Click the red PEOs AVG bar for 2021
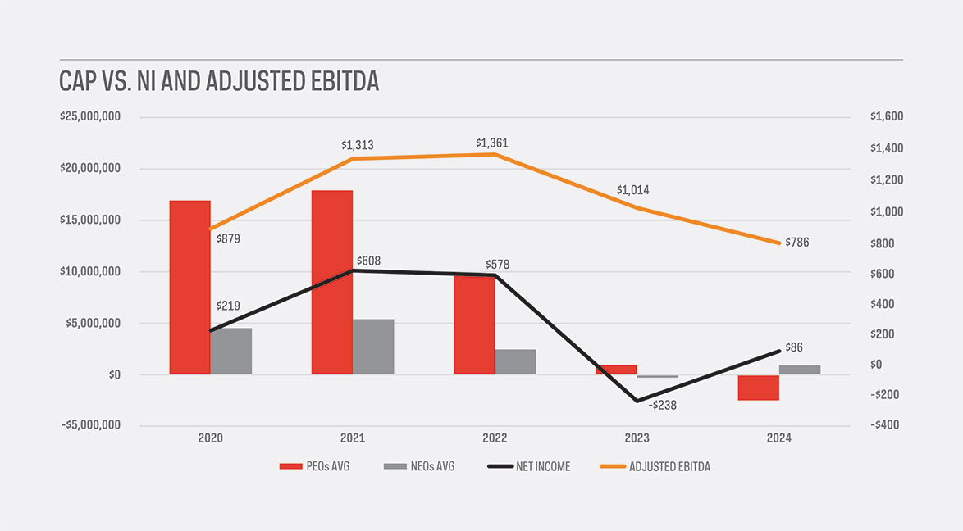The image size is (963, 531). pos(331,282)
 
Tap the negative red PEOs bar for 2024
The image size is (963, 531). pos(758,388)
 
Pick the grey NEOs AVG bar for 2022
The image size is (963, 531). pos(515,361)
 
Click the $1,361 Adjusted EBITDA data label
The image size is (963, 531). pos(492,143)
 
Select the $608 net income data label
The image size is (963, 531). pos(368,261)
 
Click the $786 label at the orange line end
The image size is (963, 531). pos(797,243)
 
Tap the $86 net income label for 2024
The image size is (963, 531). pos(794,347)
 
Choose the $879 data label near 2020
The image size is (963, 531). pos(228,239)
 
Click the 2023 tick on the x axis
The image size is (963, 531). pos(637,438)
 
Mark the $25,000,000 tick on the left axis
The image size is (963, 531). pos(90,117)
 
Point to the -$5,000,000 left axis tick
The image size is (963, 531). pos(90,425)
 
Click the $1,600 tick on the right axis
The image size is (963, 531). pos(886,117)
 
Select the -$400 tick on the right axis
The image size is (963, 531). pos(886,425)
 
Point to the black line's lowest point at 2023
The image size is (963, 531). pos(637,401)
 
